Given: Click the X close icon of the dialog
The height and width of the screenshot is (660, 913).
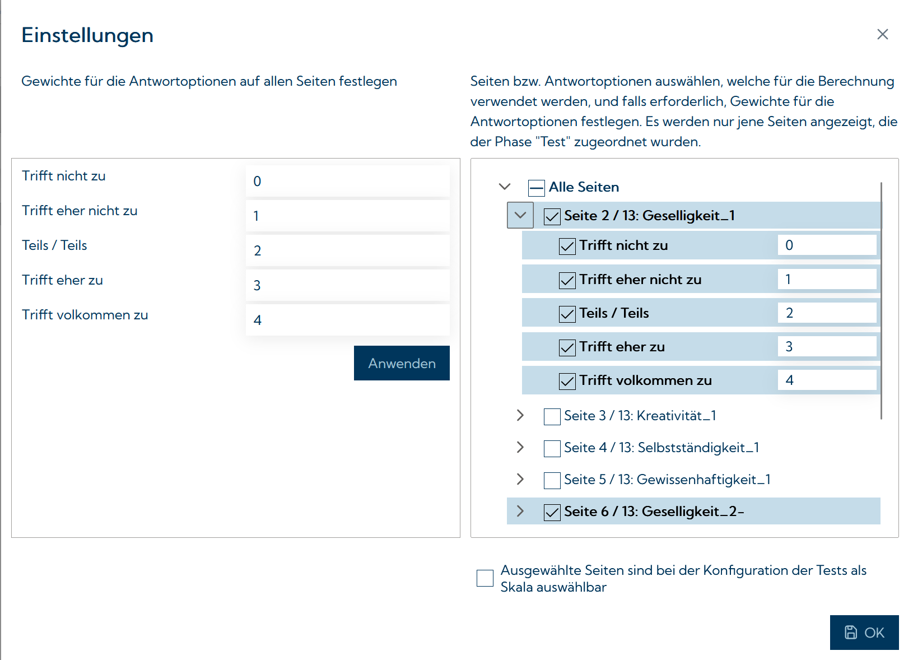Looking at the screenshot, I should pos(882,35).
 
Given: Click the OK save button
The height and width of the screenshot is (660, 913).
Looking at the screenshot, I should pos(864,633).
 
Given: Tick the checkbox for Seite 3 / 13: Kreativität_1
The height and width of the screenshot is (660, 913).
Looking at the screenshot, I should pos(552,416).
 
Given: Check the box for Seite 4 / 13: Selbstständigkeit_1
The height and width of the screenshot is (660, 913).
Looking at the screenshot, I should pos(552,448).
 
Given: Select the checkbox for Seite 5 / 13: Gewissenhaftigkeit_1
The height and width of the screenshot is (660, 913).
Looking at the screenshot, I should pos(552,480).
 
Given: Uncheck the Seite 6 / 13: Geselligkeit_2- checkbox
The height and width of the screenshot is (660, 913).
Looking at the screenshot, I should pos(552,512).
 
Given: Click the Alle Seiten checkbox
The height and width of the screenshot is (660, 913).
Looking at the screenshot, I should pos(536,188).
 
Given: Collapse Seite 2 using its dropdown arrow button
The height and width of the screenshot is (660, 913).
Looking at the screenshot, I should pos(520,216).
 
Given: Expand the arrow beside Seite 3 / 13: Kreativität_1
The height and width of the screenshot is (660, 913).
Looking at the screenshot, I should pos(520,415).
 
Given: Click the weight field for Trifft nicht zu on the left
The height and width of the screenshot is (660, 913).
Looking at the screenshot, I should pos(347,181).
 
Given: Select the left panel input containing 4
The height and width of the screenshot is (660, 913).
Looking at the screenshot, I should pos(347,320).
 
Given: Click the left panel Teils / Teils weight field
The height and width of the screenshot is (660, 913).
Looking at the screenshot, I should pos(347,250).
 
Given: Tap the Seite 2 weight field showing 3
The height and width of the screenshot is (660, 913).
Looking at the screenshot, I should pos(826,347).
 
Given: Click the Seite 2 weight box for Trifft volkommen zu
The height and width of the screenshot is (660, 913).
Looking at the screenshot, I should pos(826,380).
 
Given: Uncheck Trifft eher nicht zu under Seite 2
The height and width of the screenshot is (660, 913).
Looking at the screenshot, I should pos(567,280).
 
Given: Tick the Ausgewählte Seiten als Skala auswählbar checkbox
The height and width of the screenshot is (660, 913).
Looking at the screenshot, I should pos(485,578).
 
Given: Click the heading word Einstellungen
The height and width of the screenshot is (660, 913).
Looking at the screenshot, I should pos(87,35).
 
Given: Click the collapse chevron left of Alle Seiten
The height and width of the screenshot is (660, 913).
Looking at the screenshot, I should pos(505,187).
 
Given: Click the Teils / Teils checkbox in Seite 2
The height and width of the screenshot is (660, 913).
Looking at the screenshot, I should pos(567,314).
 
